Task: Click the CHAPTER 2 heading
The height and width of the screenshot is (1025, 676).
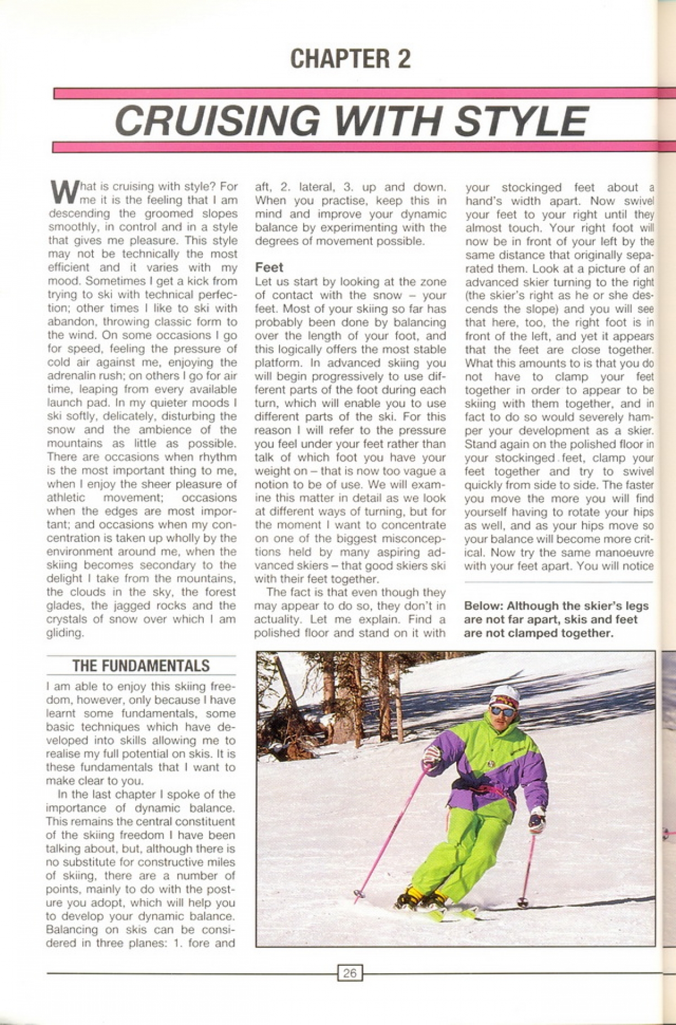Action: coord(350,59)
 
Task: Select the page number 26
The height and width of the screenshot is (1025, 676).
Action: coord(349,973)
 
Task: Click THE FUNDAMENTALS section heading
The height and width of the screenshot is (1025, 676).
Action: coord(141,665)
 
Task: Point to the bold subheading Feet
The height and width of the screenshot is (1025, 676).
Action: coord(269,267)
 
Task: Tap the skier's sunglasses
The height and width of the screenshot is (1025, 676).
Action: coord(503,711)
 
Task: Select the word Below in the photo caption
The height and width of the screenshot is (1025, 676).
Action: coord(483,606)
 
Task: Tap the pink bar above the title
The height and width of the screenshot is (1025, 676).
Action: coord(355,93)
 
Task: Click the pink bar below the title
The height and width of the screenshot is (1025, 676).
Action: coord(355,147)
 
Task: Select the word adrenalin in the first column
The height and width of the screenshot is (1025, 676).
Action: coord(74,376)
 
